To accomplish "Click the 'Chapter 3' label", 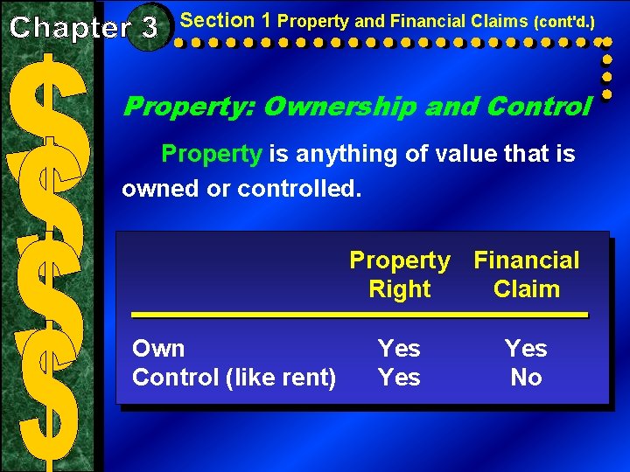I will [84, 27].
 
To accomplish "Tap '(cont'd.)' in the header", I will [563, 20].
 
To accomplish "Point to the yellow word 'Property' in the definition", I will [212, 155].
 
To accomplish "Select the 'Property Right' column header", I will [400, 274].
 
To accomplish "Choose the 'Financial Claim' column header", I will [527, 274].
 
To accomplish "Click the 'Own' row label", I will [158, 349].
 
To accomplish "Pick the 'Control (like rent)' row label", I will [234, 378].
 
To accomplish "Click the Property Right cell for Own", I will [399, 349].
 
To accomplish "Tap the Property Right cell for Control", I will [399, 378].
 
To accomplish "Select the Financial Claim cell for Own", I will [526, 349].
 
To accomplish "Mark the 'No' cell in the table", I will [526, 378].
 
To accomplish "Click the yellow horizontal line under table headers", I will [359, 313].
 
